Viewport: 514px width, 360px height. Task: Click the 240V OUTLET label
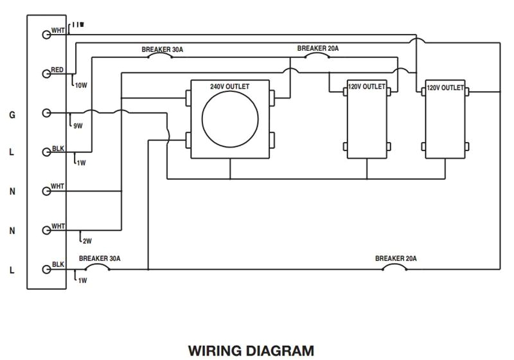coord(230,86)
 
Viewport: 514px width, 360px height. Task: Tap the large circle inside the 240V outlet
coord(230,120)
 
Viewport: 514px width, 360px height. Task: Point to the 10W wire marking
coord(80,85)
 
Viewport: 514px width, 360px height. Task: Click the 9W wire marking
coord(78,125)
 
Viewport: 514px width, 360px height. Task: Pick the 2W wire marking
coord(87,241)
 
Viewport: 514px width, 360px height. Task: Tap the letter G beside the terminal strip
coord(12,115)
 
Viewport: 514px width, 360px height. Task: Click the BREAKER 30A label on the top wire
coord(163,49)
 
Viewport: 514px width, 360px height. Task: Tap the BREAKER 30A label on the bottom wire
coord(100,258)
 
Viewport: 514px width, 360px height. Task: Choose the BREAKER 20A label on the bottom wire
coord(396,258)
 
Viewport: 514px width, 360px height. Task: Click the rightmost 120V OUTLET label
coord(445,87)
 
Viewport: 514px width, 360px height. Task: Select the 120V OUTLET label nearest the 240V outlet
coord(367,86)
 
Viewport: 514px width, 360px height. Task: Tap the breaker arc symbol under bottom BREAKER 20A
coord(396,267)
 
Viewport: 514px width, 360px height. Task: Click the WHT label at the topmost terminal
coord(58,30)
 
